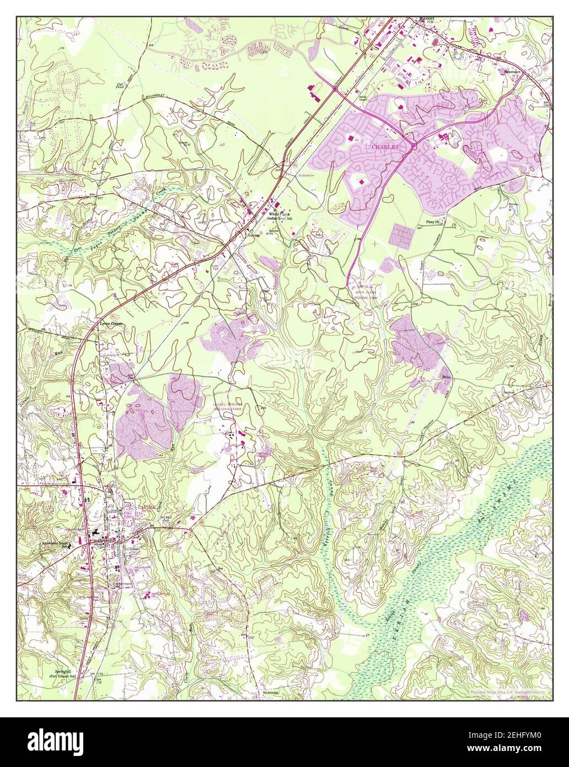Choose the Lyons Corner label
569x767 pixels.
point(110,324)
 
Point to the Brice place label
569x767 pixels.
point(447,376)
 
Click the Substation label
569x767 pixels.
point(305,175)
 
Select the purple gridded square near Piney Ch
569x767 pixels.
point(404,235)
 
